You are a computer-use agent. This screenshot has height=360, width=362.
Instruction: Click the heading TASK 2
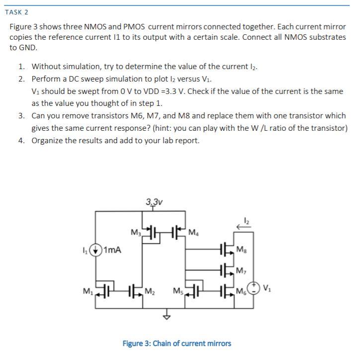pyautogui.click(x=16, y=11)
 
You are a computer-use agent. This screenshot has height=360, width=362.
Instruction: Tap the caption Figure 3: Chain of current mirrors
pyautogui.click(x=177, y=343)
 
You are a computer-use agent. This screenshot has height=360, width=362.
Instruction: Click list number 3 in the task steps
pyautogui.click(x=22, y=115)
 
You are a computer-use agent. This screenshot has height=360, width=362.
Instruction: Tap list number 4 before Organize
pyautogui.click(x=22, y=140)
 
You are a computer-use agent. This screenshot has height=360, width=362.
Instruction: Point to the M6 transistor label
pyautogui.click(x=241, y=290)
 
